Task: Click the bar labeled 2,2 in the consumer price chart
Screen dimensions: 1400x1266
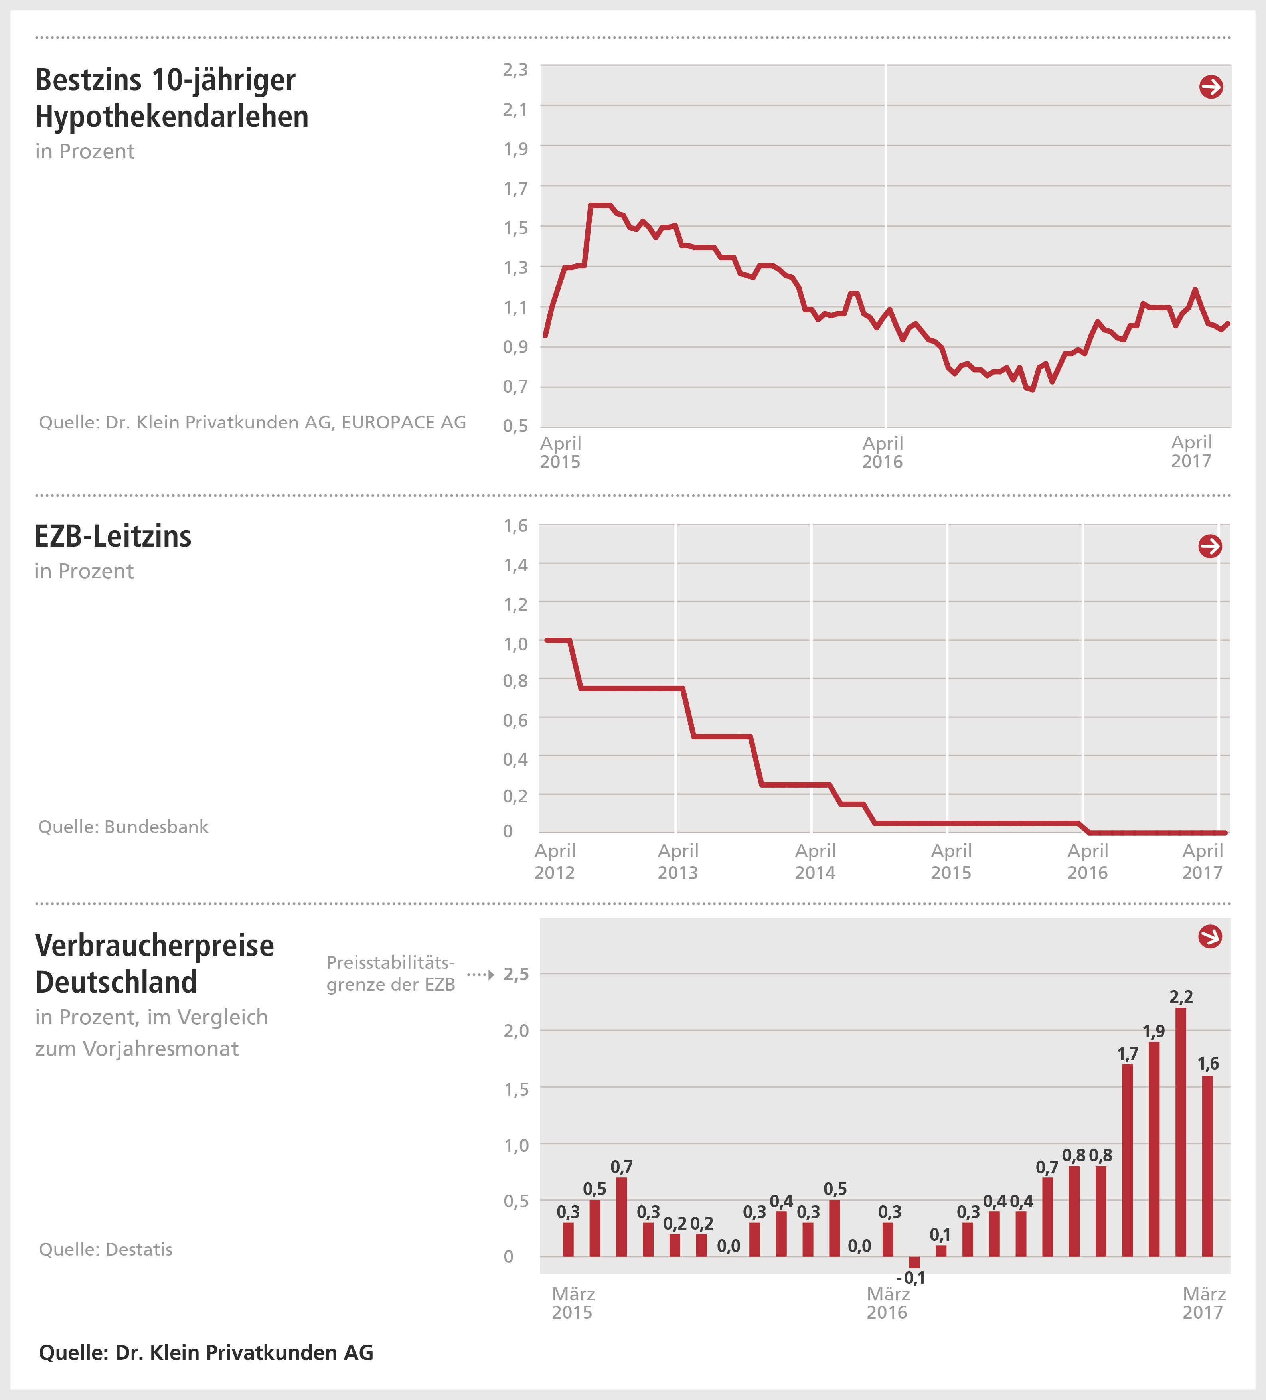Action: coord(1181,1132)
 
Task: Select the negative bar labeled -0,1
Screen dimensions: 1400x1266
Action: coord(914,1262)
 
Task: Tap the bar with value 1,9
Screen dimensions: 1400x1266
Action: coord(1154,1149)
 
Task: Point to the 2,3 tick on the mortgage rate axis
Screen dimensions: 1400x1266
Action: coord(515,69)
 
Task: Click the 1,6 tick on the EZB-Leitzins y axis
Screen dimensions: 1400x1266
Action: coord(515,526)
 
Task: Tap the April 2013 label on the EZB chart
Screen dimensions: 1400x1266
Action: coord(678,861)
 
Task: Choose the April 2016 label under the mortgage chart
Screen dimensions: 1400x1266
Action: coord(883,452)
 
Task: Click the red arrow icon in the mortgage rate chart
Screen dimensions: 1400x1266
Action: coord(1211,87)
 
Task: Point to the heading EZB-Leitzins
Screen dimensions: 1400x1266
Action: coord(113,536)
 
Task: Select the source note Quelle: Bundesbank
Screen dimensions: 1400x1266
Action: coord(123,826)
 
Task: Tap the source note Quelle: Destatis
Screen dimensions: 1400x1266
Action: coord(106,1249)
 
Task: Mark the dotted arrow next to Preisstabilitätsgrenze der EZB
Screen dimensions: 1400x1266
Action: coord(480,975)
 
